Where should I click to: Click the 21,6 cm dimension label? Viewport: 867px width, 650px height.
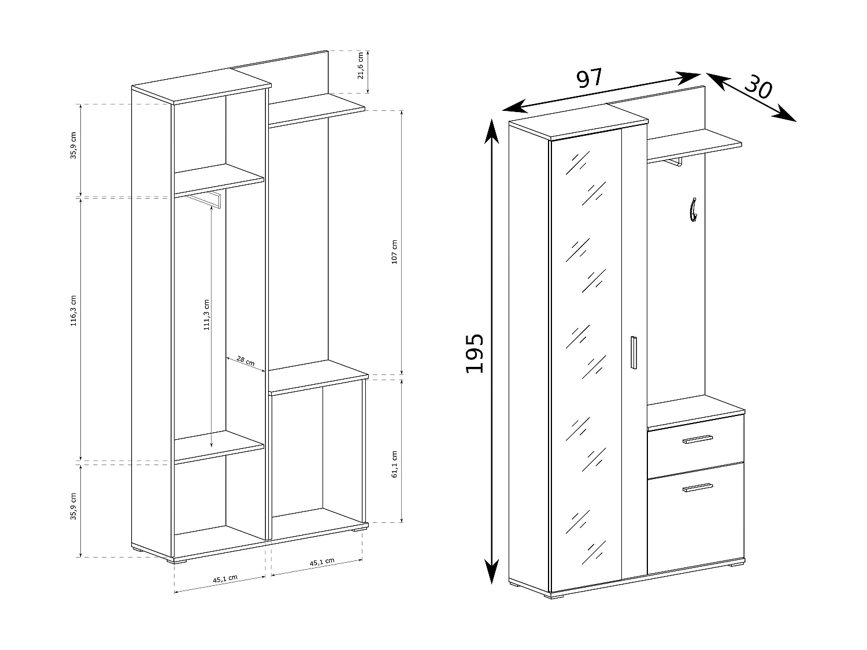coord(361,65)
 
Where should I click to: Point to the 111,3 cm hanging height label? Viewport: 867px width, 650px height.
coord(207,315)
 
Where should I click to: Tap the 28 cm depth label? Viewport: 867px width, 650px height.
coord(246,362)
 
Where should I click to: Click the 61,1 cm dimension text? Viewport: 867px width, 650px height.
coord(394,464)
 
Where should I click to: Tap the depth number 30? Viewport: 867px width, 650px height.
coord(758,88)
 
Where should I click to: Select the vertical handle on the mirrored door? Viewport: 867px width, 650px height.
coord(633,352)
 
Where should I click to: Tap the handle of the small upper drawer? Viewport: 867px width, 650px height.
coord(698,440)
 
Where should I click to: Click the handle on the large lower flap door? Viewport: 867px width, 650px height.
coord(698,488)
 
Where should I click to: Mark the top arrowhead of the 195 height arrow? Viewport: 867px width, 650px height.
coord(491,130)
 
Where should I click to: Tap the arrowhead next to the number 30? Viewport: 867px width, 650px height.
coord(787,114)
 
